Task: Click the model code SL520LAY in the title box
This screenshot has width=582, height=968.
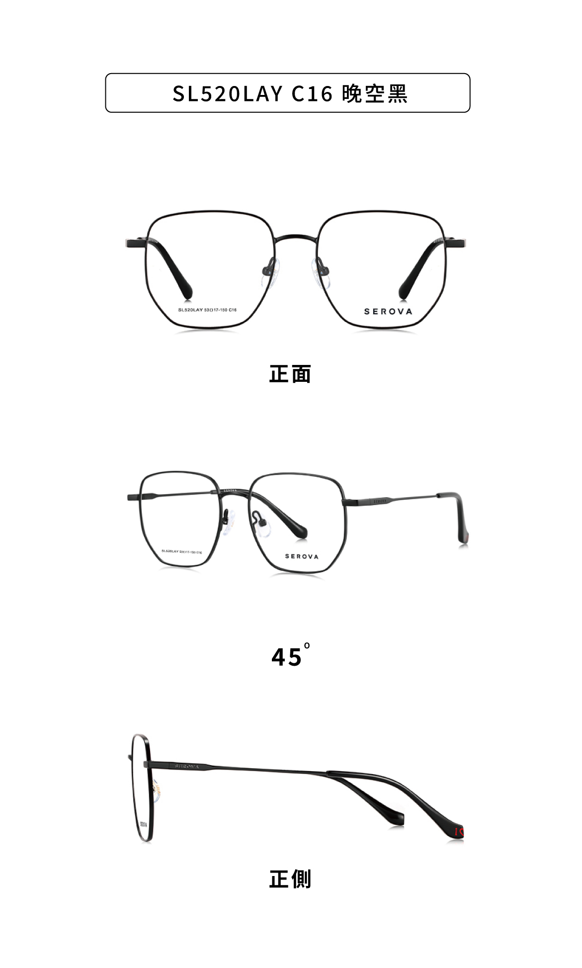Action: (x=228, y=93)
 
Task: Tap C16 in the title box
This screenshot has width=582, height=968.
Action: (x=312, y=93)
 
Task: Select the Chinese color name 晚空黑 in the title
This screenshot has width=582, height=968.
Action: (x=375, y=93)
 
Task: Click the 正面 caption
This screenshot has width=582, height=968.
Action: (x=290, y=374)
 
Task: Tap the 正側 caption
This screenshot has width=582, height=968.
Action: (x=290, y=879)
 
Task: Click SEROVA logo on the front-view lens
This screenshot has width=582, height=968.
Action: (x=388, y=312)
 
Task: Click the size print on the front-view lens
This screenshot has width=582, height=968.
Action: (x=207, y=310)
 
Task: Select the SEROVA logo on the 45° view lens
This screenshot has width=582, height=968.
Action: (x=302, y=556)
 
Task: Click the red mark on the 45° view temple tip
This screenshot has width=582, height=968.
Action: (x=467, y=538)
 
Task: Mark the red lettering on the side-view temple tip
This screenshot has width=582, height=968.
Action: (x=459, y=831)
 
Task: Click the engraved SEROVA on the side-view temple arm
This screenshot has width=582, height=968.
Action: (x=187, y=766)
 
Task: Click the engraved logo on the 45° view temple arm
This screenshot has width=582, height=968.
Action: (x=380, y=501)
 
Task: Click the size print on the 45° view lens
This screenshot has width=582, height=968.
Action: (x=181, y=551)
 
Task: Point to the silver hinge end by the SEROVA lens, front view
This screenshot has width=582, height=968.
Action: (x=460, y=243)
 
